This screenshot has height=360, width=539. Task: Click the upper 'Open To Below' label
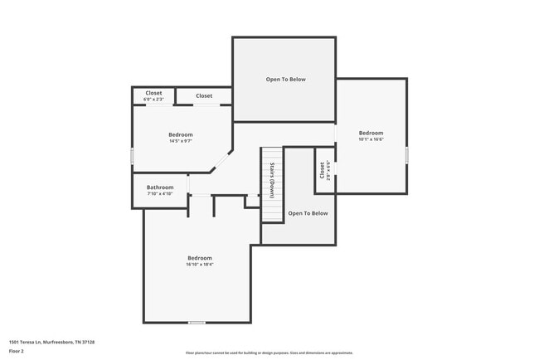click(x=285, y=80)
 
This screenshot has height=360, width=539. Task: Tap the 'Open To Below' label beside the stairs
click(x=308, y=213)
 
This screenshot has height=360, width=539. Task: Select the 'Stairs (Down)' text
click(x=271, y=180)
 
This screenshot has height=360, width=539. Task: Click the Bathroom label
click(x=160, y=187)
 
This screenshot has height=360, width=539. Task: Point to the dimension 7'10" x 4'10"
click(x=160, y=194)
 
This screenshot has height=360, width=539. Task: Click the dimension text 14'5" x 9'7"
click(x=181, y=141)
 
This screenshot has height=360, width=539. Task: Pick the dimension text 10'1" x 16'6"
click(x=371, y=139)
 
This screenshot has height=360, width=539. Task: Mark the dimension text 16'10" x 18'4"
click(x=199, y=265)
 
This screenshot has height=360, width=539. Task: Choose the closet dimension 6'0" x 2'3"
click(x=153, y=100)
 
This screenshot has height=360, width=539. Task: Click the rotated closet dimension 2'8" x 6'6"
click(x=328, y=170)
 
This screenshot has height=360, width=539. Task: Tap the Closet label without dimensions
click(x=204, y=96)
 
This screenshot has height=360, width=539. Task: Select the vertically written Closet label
click(x=322, y=170)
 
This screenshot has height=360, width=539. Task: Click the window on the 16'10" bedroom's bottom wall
click(x=197, y=323)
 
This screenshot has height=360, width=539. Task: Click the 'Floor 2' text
click(x=17, y=351)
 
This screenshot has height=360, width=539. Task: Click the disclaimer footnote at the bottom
click(x=269, y=353)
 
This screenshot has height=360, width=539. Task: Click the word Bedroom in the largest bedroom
click(x=199, y=258)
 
